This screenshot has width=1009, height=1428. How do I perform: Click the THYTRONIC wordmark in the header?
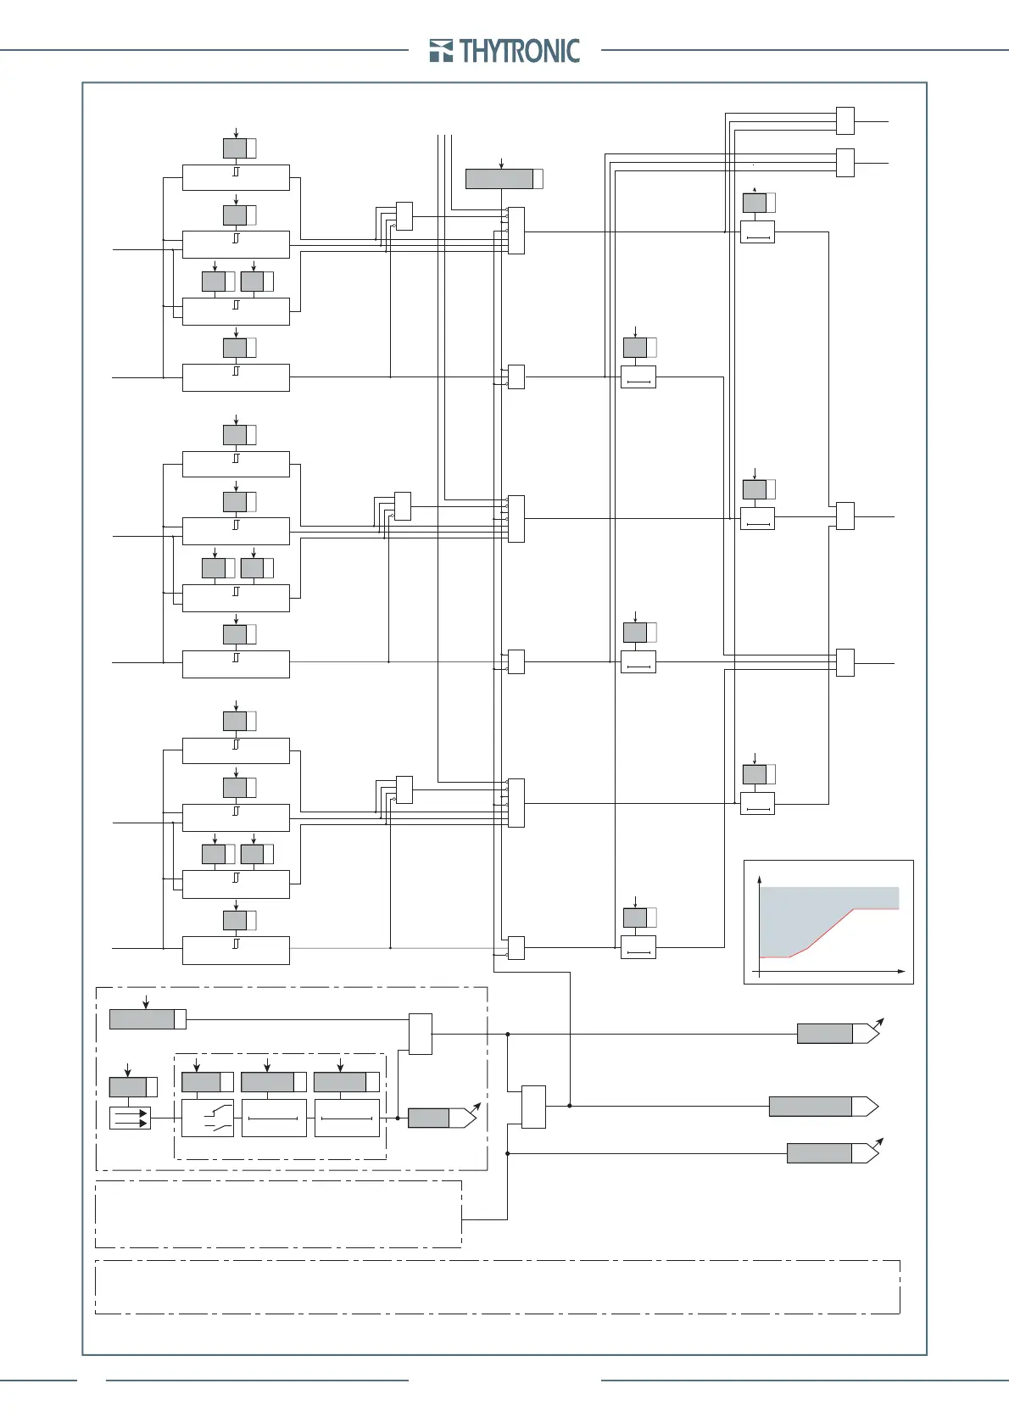[x=520, y=51]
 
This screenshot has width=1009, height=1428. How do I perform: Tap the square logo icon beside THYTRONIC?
[x=441, y=51]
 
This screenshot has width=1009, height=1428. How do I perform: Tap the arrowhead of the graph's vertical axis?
[x=759, y=879]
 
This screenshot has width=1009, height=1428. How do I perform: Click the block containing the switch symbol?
[x=208, y=1118]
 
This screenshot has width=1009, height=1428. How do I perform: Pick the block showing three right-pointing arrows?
[x=130, y=1118]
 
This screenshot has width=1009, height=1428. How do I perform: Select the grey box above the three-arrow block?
[x=128, y=1087]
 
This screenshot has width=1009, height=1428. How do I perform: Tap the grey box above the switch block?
[x=202, y=1082]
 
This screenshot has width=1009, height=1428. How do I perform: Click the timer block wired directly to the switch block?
[x=274, y=1118]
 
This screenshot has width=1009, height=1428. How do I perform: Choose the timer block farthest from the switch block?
[x=347, y=1118]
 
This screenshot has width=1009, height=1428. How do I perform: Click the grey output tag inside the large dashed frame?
[x=429, y=1118]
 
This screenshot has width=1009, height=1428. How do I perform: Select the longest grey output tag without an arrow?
[x=811, y=1106]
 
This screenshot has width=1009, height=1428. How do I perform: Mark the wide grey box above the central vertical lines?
[x=499, y=179]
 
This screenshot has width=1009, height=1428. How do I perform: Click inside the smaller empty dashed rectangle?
[x=278, y=1213]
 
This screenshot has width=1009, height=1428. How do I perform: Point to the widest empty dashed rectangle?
[x=497, y=1286]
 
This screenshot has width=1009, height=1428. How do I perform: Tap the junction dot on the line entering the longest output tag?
[x=570, y=1106]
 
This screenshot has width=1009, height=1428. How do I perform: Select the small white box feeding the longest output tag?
[x=533, y=1107]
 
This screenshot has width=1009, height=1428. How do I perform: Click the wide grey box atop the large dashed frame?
[x=142, y=1018]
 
